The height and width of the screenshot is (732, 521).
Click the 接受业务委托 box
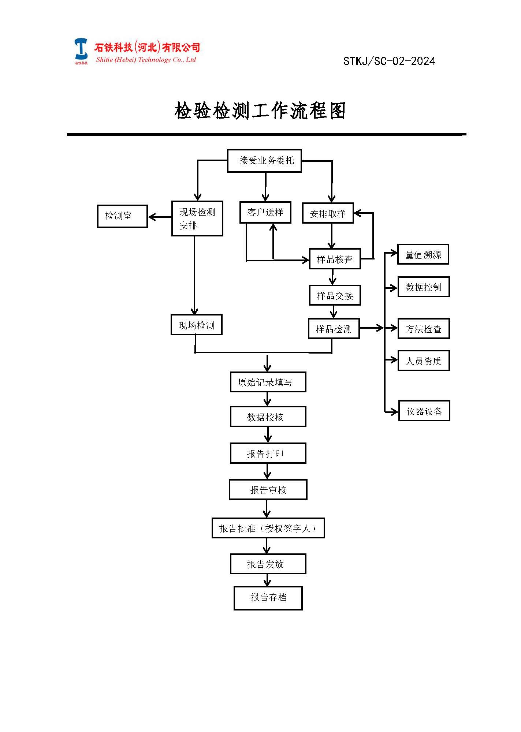pos(264,161)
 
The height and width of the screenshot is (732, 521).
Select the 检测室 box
pos(122,216)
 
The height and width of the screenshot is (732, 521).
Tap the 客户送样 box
pos(265,212)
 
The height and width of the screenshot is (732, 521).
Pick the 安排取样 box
pos(328,213)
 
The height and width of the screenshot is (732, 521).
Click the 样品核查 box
pos(335,259)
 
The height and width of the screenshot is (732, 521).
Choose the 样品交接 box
pos(335,295)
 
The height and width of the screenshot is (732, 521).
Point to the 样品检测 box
pos(334,329)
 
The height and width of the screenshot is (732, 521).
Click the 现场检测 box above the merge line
pos(196,325)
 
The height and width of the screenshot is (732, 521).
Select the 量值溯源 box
pos(423,254)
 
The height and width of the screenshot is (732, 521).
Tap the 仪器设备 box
pos(424,411)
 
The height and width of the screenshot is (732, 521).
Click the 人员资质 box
pos(423,361)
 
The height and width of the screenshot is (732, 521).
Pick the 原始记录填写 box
pos(268,382)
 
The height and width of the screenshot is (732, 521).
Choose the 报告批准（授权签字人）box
pos(268,528)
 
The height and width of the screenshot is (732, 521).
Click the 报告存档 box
pos(268,598)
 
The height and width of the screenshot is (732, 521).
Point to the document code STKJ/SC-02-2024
pos(389,61)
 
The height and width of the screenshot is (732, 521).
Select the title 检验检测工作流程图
pos(260,111)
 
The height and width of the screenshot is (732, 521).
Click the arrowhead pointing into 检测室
pos(152,217)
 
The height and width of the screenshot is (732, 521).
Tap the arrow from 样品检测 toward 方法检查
pos(372,328)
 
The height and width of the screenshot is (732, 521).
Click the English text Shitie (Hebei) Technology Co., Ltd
pos(146,60)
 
